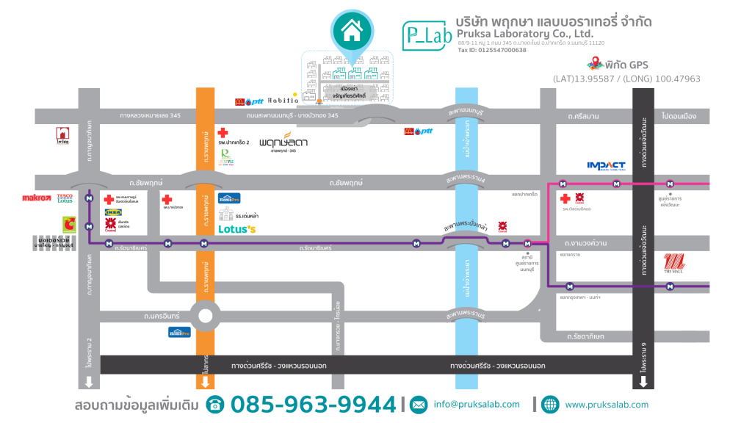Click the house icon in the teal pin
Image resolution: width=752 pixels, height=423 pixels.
point(352,30)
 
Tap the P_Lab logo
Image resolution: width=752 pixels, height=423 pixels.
point(424,35)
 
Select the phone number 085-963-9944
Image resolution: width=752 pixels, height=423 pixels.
point(313,405)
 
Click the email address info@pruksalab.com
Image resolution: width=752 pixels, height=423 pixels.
point(476,405)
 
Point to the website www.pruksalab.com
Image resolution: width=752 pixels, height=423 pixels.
point(607,405)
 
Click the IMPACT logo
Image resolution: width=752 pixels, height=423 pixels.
point(606,165)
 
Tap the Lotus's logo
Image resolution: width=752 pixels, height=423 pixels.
point(236,229)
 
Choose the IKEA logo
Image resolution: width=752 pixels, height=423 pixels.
point(113,211)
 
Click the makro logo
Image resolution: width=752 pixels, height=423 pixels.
point(37,198)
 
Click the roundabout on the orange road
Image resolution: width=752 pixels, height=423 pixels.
point(205,317)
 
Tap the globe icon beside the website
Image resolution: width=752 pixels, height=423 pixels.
point(550,405)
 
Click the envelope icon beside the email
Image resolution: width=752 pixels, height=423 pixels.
point(418,405)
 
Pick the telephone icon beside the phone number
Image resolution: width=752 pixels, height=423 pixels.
point(215,405)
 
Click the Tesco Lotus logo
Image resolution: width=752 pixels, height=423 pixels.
point(65,198)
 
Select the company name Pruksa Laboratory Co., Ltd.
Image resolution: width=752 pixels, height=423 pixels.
point(524,34)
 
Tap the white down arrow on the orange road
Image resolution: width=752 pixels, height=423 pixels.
point(205,382)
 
